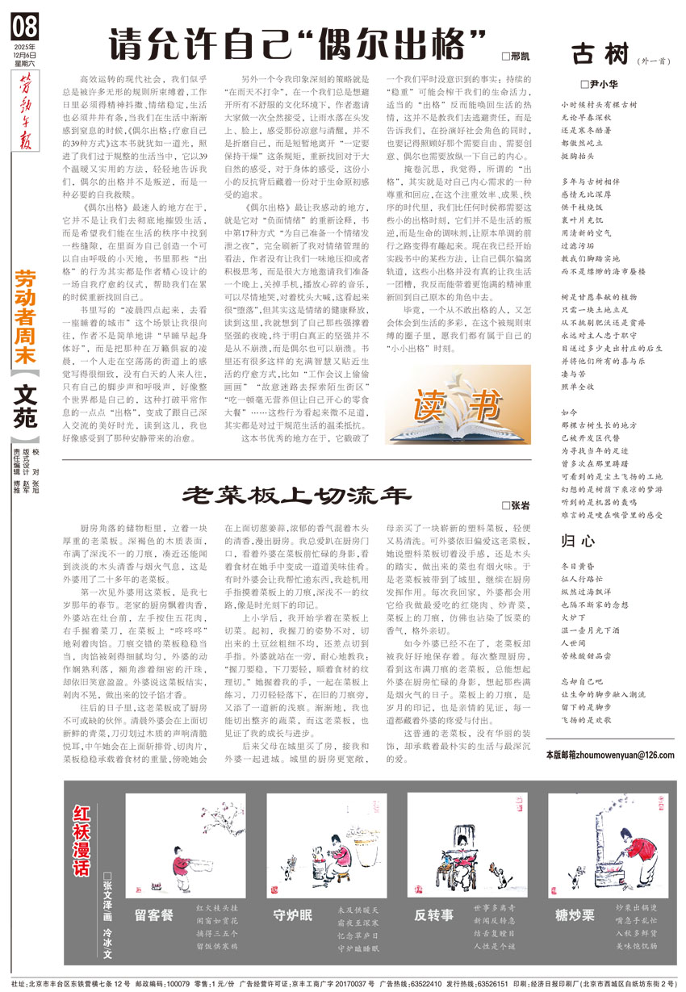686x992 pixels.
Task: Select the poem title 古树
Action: pyautogui.click(x=600, y=55)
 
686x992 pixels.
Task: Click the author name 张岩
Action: pyautogui.click(x=521, y=505)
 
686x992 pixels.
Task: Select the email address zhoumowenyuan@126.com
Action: pyautogui.click(x=610, y=753)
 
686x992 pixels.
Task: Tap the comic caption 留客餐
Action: pyautogui.click(x=154, y=915)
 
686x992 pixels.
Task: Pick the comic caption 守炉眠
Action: pyautogui.click(x=293, y=915)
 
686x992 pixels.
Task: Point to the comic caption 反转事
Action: pyautogui.click(x=433, y=915)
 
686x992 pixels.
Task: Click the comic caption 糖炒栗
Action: pyautogui.click(x=575, y=915)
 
